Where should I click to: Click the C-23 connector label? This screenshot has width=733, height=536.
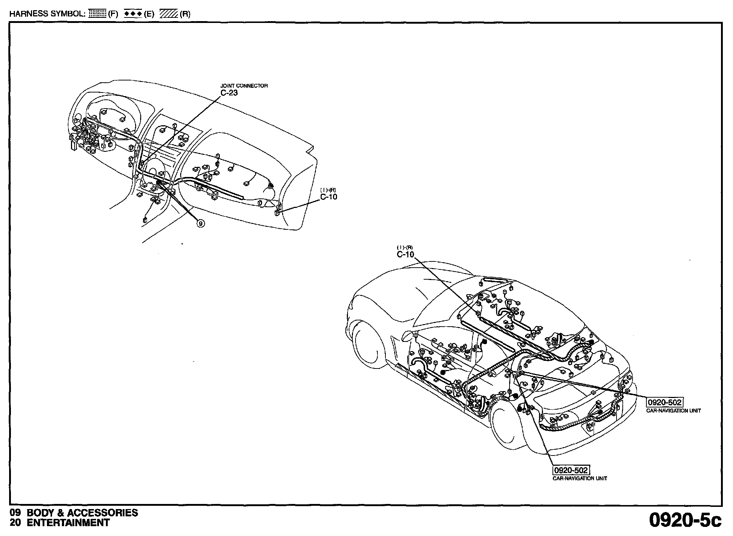[x=229, y=93]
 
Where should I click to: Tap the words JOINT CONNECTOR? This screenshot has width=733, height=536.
[x=244, y=86]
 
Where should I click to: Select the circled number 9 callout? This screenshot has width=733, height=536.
[x=201, y=223]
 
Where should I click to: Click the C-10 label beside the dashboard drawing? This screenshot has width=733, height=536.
[x=329, y=197]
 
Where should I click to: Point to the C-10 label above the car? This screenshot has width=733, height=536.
[x=405, y=255]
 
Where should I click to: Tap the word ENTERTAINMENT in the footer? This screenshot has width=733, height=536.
[x=68, y=523]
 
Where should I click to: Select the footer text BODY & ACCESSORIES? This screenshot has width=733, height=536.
[x=83, y=513]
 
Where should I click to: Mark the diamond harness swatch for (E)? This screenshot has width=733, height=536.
[x=133, y=14]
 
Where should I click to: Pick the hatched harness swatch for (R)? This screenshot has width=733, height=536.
[x=168, y=14]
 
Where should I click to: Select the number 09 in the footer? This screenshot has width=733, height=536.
[x=15, y=513]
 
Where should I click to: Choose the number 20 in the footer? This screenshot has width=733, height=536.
[x=15, y=523]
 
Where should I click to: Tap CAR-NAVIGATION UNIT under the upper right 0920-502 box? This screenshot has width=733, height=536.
[x=673, y=411]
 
